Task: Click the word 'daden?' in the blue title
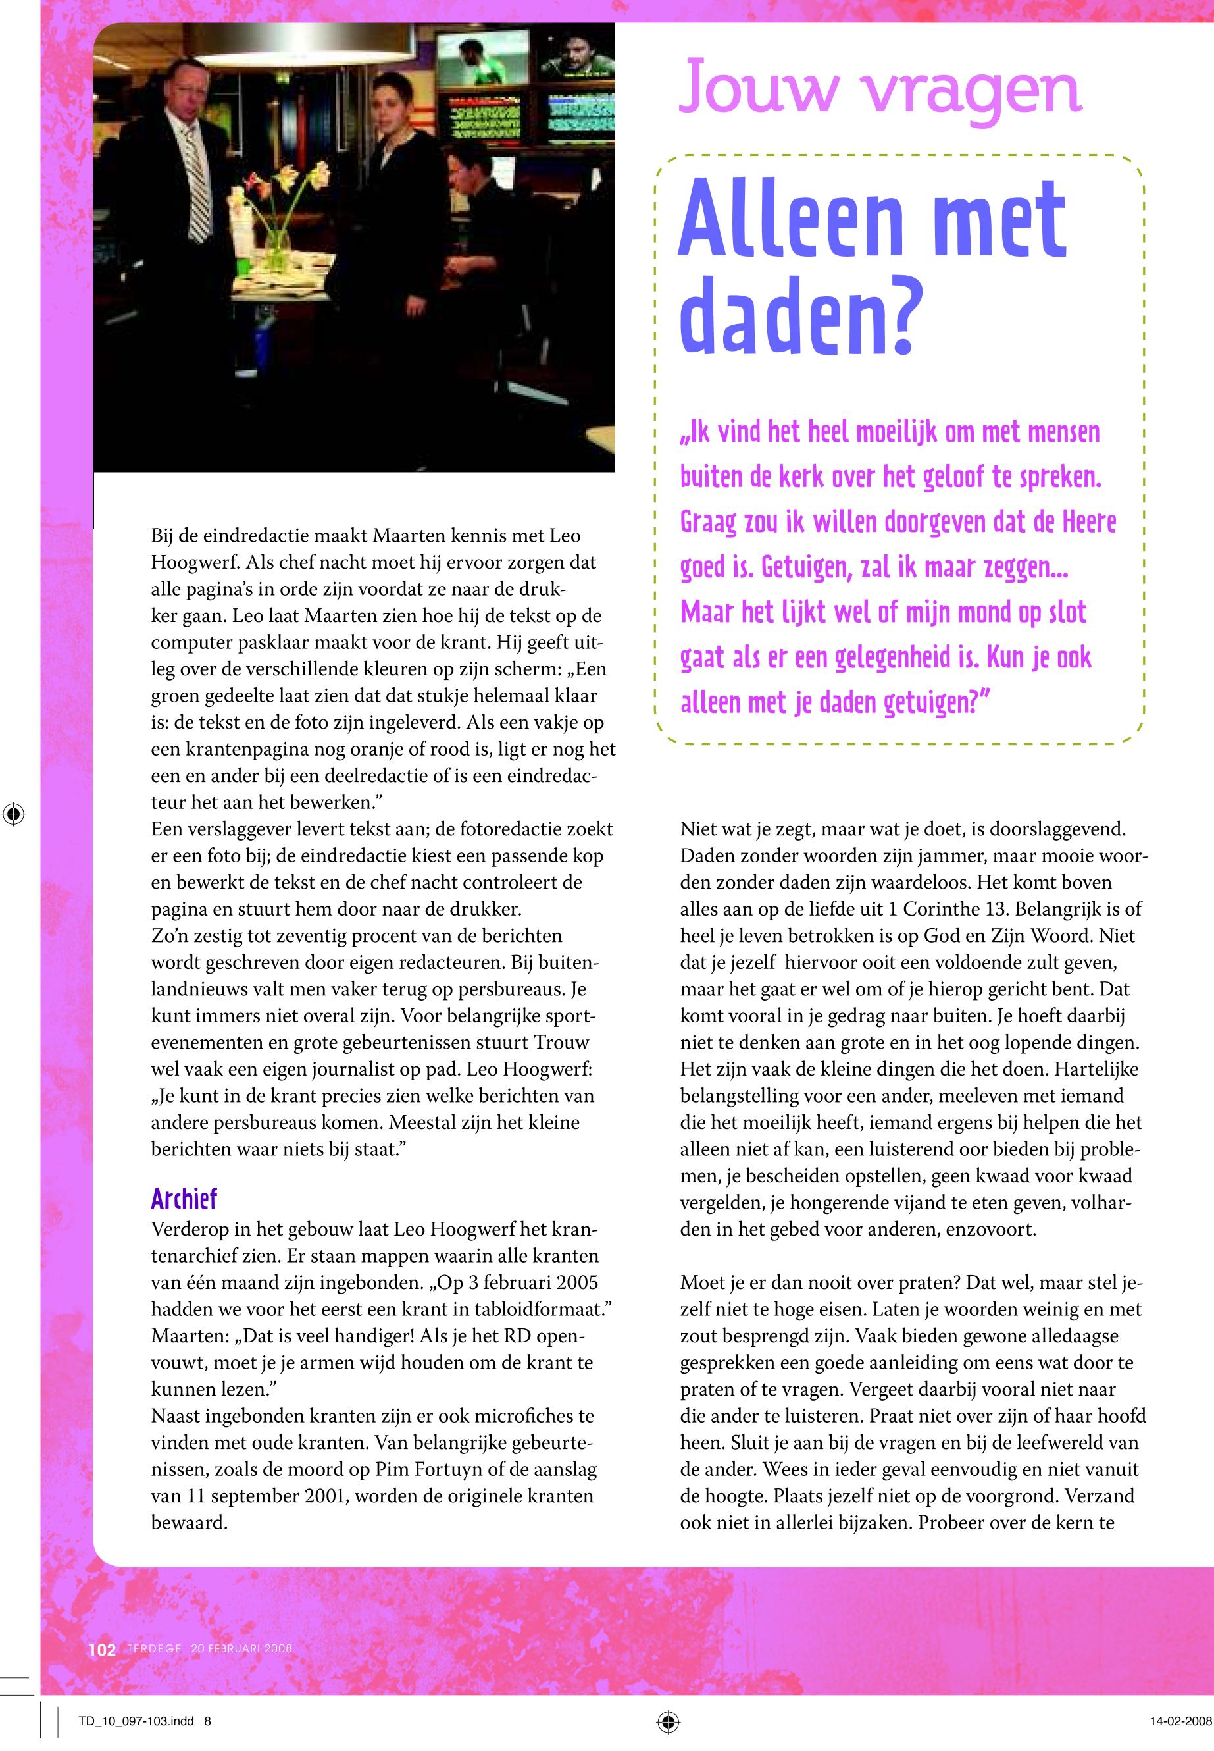800,316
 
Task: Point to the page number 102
102,1649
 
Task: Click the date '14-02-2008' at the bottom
1180,1721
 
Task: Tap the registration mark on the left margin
13,814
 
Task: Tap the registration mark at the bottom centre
667,1721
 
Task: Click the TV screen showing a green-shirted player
482,58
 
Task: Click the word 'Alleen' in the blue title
789,221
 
